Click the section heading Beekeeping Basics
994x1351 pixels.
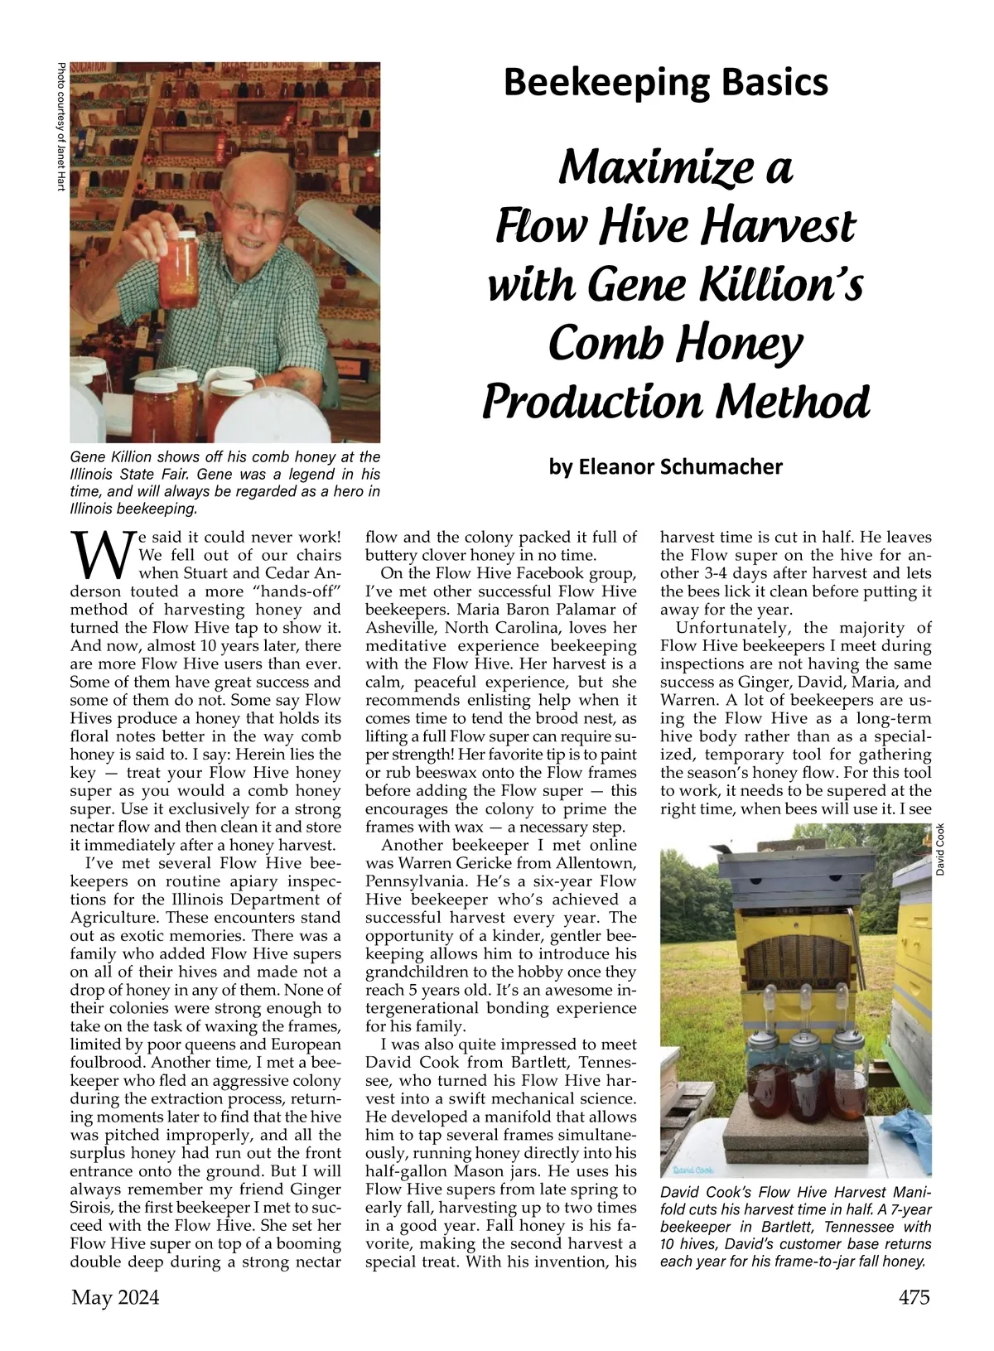pos(665,83)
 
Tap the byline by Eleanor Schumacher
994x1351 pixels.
pos(665,467)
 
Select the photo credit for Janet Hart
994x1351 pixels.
pos(60,128)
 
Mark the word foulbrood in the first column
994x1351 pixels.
pos(104,1063)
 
